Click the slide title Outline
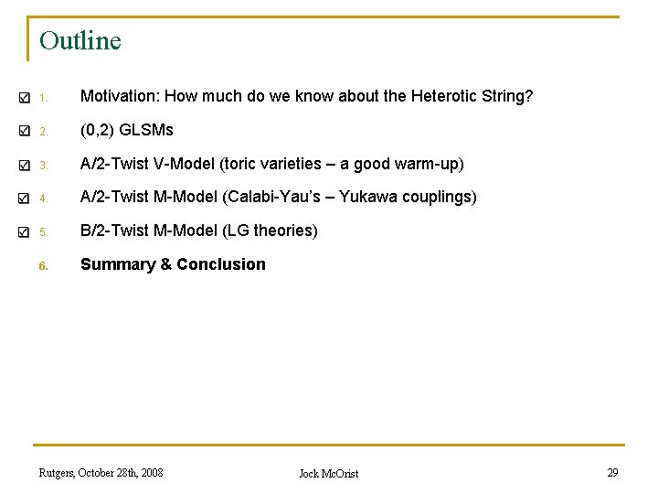coord(80,41)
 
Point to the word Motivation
coord(117,96)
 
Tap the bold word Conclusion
coord(221,264)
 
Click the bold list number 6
coord(42,266)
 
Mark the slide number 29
coord(612,472)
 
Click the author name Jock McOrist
coord(329,473)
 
